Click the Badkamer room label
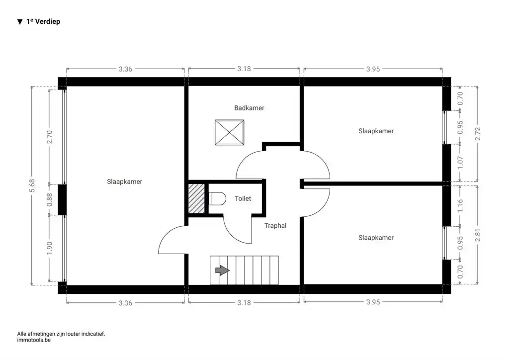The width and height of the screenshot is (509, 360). tap(249, 108)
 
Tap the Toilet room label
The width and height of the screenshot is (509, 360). tap(243, 198)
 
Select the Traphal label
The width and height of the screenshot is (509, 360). tap(275, 225)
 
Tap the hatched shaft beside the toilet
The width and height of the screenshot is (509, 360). tap(197, 198)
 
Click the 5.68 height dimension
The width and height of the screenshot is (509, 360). tap(32, 185)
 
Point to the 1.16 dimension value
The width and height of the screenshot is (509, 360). tap(460, 205)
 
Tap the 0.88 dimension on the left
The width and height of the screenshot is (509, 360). tap(49, 200)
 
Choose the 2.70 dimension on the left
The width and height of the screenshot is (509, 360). tap(49, 137)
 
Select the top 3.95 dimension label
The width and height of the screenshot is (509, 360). tap(373, 69)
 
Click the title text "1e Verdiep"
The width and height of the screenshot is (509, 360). tap(43, 22)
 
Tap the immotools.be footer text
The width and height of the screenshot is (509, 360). tap(34, 341)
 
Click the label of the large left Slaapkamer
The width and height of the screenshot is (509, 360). tap(125, 181)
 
